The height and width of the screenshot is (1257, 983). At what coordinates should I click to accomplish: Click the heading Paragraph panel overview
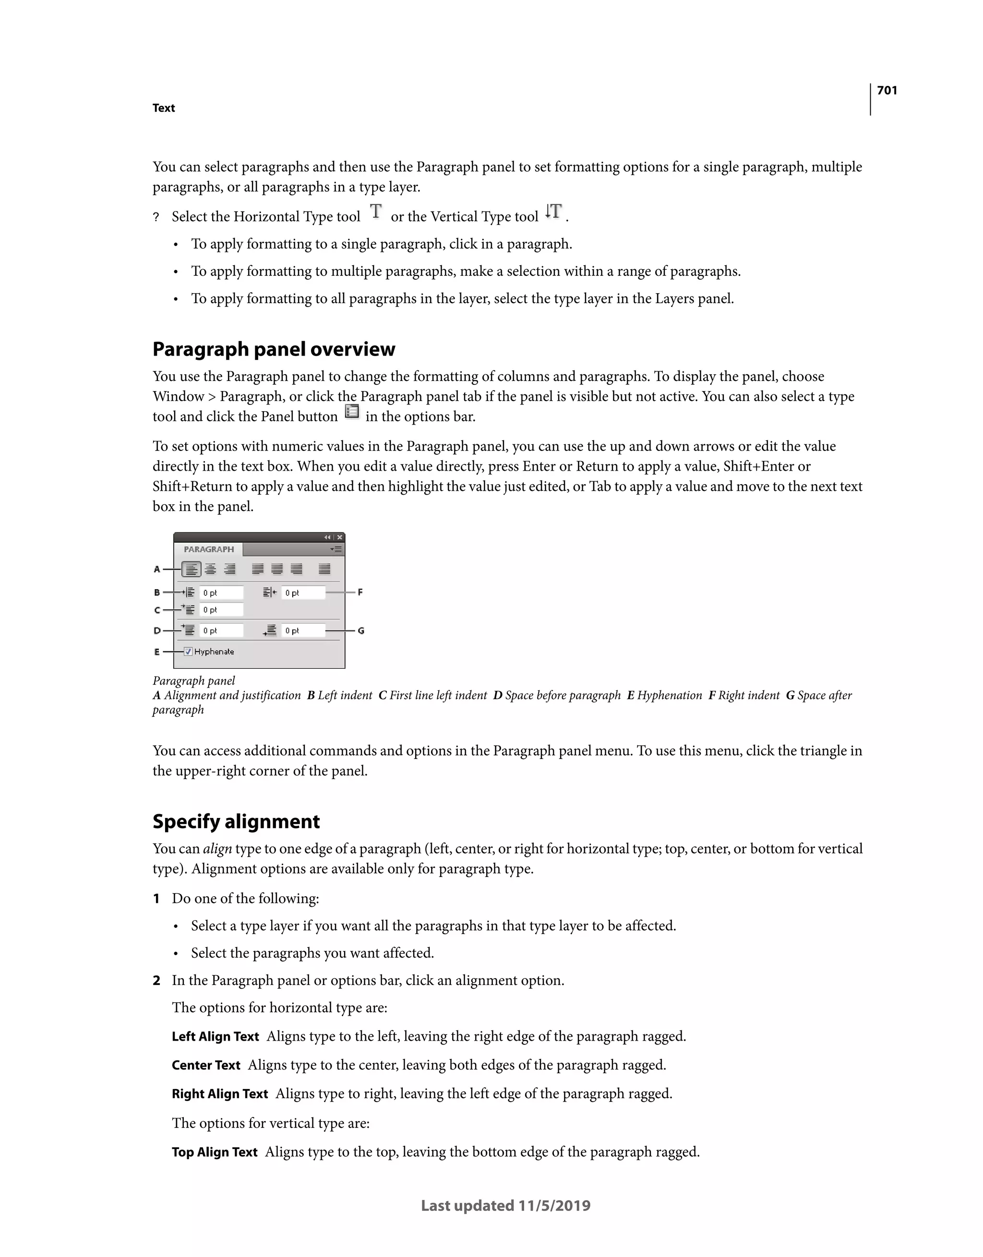point(274,349)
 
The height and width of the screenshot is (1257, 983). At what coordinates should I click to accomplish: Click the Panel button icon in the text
point(351,412)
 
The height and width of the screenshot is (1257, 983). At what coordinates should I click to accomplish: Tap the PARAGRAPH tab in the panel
point(208,549)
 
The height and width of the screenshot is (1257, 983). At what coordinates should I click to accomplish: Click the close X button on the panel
point(340,537)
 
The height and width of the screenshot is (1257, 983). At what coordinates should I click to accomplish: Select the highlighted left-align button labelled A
point(191,569)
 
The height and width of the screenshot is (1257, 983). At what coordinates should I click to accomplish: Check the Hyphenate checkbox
point(188,652)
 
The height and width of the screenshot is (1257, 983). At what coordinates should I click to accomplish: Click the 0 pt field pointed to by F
point(303,593)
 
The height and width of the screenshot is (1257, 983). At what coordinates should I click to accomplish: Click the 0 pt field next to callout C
point(221,610)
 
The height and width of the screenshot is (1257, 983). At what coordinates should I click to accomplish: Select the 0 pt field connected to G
point(303,631)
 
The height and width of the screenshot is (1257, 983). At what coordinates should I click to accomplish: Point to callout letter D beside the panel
point(156,631)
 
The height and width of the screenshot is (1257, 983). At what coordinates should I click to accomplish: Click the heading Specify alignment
point(236,821)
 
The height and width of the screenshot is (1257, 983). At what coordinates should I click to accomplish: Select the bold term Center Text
point(205,1066)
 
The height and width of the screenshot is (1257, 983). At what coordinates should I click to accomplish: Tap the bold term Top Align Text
point(214,1152)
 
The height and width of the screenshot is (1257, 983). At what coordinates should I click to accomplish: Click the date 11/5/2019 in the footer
point(554,1206)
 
